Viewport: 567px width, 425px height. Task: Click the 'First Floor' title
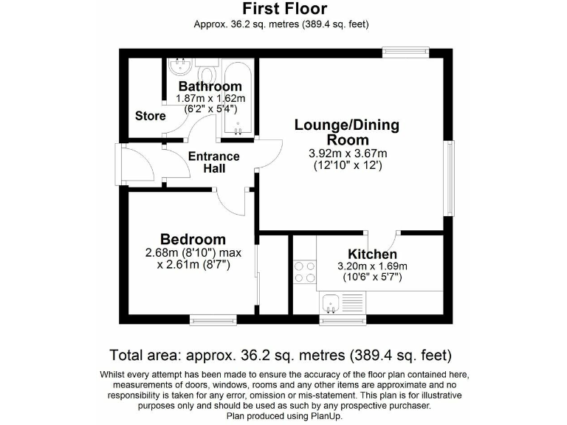click(x=283, y=9)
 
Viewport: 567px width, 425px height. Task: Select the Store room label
click(x=149, y=116)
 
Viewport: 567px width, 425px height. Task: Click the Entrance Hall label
click(x=213, y=162)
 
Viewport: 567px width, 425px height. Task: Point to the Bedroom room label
click(x=193, y=239)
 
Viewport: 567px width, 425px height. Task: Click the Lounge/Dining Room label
click(x=346, y=132)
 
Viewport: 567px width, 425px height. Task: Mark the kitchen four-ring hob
click(x=303, y=272)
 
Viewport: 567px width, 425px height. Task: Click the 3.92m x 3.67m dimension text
click(x=347, y=153)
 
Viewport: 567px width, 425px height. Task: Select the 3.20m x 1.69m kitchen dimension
click(x=372, y=266)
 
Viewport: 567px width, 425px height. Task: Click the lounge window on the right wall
click(x=448, y=178)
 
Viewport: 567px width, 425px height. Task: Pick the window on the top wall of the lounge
click(x=405, y=52)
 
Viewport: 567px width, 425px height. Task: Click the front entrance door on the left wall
click(x=121, y=163)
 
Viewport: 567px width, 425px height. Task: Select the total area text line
click(x=281, y=355)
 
